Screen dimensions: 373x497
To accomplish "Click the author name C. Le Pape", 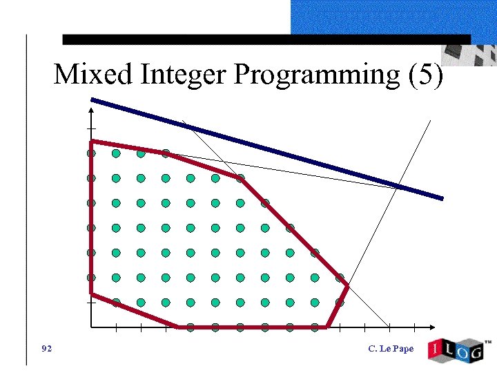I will point(391,348).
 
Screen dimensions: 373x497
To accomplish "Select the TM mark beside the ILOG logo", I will point(488,342).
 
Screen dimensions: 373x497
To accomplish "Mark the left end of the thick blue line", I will point(92,100).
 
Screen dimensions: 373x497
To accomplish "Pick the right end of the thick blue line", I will point(442,198).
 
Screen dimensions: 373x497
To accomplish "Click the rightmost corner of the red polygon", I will point(347,285).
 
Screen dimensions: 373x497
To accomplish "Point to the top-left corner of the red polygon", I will point(91,142).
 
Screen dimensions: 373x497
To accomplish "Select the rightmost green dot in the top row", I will point(166,153).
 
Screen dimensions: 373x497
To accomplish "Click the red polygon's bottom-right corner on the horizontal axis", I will point(327,327).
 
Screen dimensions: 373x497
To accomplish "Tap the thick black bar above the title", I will point(266,40).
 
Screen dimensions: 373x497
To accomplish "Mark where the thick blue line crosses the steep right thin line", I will point(399,186).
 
